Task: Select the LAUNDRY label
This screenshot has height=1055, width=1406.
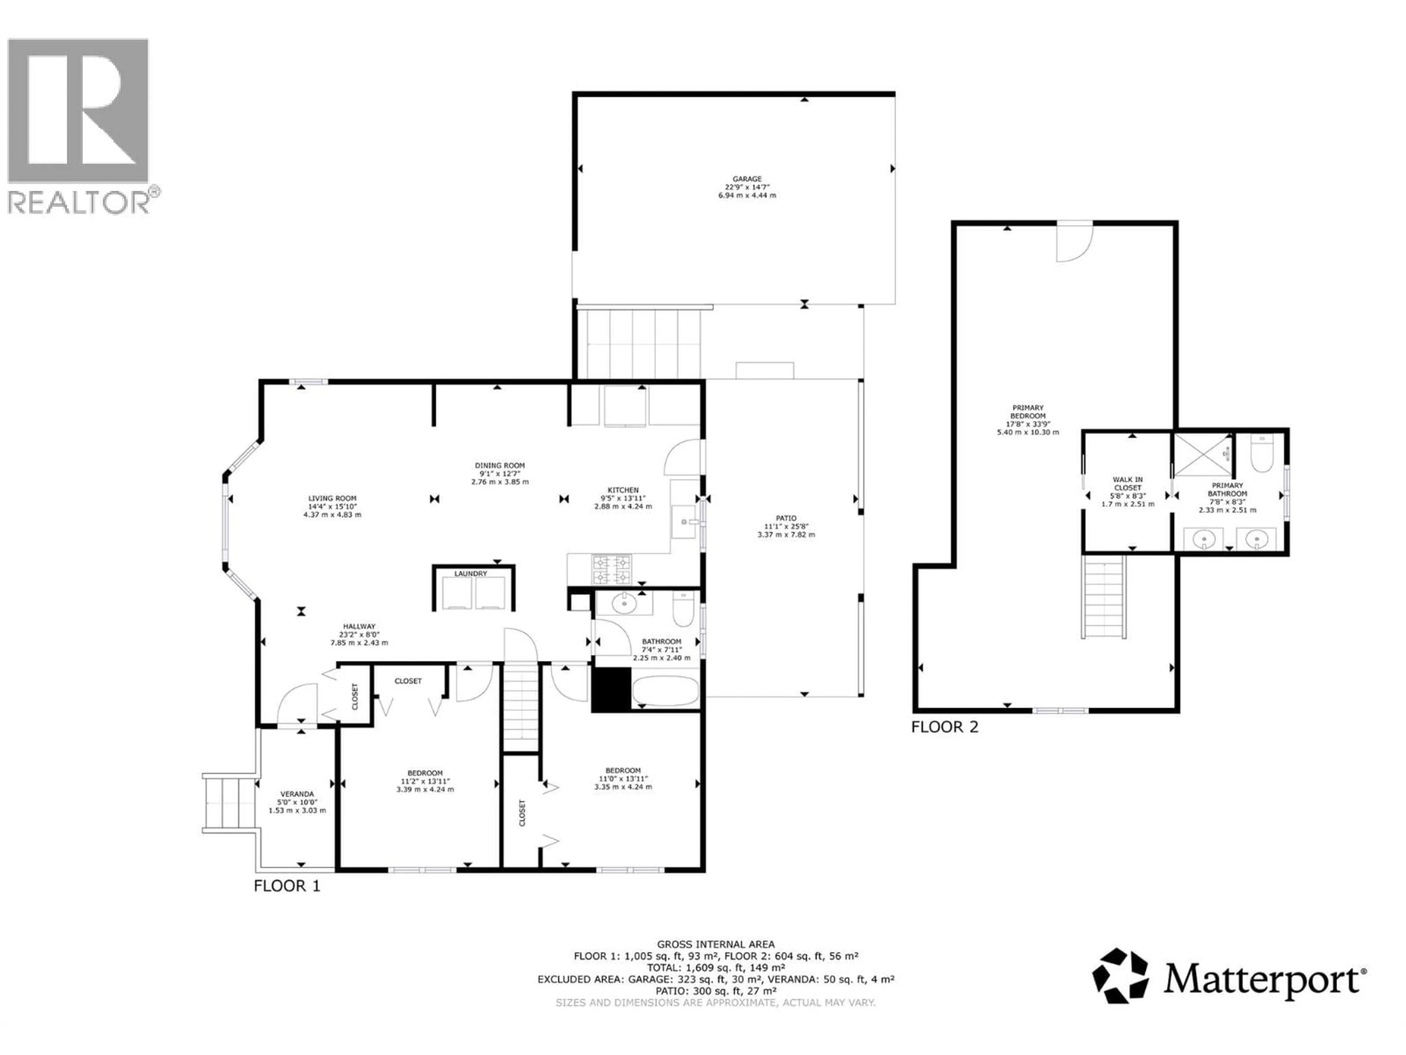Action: click(x=470, y=574)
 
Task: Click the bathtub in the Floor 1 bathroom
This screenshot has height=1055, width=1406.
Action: click(x=665, y=691)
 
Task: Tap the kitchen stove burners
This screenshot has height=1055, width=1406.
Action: click(x=611, y=569)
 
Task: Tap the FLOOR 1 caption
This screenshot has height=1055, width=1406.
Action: click(x=287, y=886)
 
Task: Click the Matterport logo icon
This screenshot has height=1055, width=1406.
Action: click(x=1120, y=976)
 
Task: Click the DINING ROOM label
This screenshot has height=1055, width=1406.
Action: click(x=499, y=466)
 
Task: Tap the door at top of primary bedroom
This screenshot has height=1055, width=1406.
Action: click(x=1074, y=242)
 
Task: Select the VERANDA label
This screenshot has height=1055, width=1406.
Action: click(x=297, y=794)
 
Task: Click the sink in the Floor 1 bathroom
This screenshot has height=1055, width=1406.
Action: click(x=624, y=603)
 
